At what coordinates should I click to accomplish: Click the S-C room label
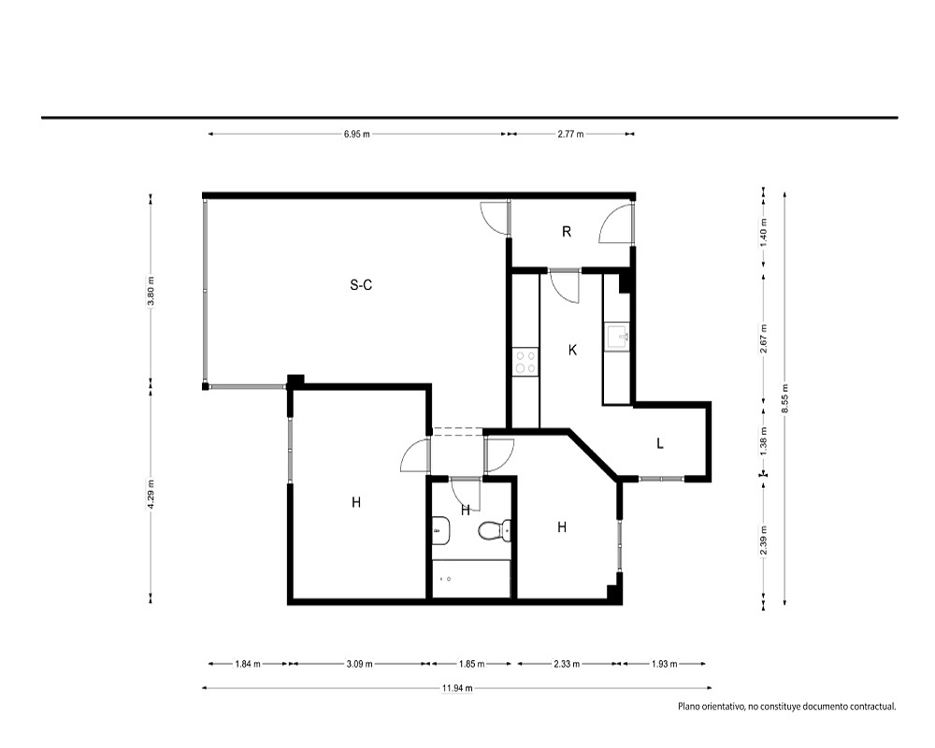click(361, 285)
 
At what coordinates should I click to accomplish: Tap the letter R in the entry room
click(567, 232)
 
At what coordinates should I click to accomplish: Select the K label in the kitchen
click(572, 350)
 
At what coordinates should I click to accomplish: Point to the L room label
click(659, 443)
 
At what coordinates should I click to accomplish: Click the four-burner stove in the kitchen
click(525, 362)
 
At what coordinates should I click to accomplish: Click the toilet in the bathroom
click(495, 530)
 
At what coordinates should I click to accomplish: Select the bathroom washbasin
click(440, 531)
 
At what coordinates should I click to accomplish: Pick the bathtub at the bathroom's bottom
click(471, 579)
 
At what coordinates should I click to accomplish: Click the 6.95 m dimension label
click(356, 135)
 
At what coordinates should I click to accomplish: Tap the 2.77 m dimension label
click(570, 135)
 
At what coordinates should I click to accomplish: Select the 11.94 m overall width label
click(457, 688)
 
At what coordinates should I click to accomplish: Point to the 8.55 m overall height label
click(784, 398)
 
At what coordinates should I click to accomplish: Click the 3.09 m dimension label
click(360, 663)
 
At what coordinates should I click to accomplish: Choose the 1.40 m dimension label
click(764, 233)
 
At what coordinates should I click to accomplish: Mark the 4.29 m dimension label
click(151, 495)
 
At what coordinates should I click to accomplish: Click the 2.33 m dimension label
click(567, 663)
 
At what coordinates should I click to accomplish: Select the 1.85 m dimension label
click(471, 663)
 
